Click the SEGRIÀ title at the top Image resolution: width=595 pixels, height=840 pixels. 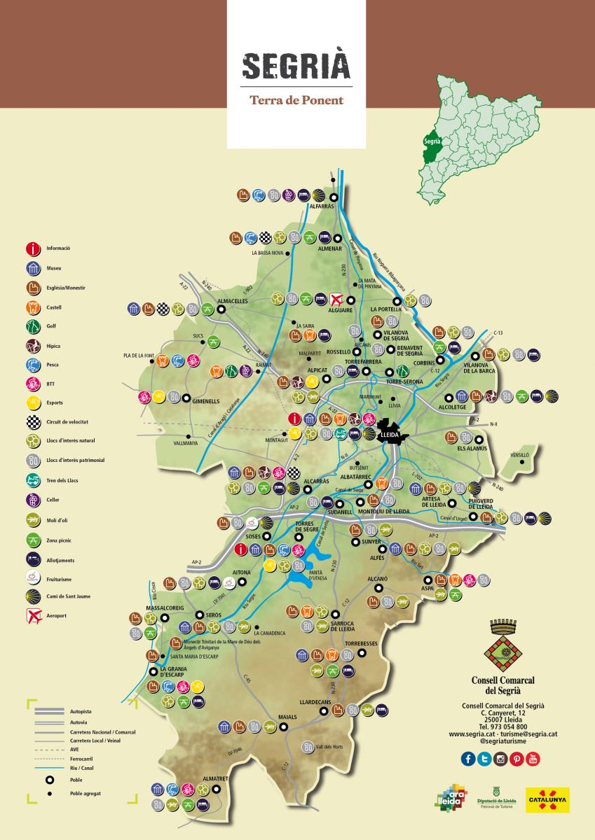pos(296,66)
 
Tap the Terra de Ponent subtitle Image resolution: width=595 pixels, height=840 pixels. pos(296,100)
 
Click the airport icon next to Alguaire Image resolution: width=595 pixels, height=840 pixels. pos(337,299)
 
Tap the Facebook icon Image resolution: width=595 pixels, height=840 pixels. pos(468,759)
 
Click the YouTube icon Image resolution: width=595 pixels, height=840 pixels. pos(533,759)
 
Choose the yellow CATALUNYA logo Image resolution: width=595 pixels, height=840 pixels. pos(547,800)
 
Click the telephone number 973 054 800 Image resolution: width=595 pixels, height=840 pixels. pos(503,727)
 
